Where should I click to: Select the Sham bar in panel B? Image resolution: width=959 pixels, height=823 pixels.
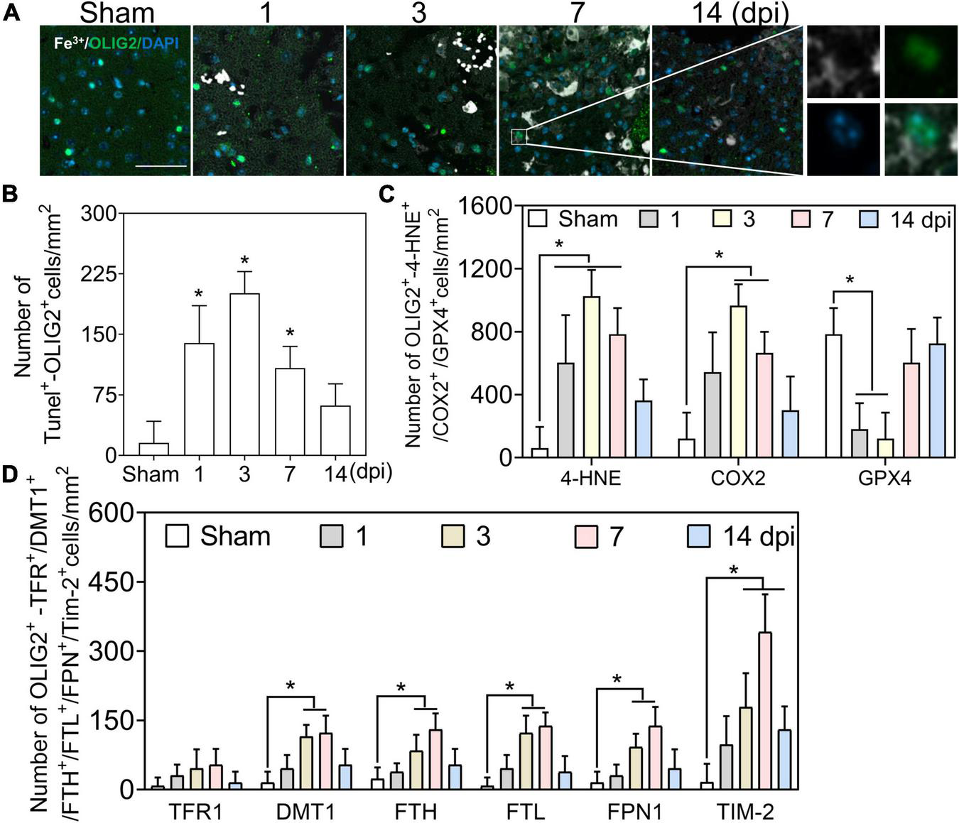point(153,449)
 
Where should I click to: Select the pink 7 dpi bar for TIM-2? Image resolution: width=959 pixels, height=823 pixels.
point(765,711)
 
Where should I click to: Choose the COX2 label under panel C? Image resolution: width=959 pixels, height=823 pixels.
point(738,478)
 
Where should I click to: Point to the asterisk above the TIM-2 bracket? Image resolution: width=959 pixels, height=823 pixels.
point(734,570)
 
